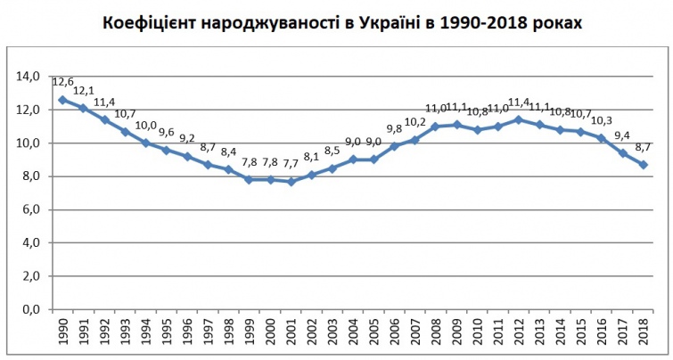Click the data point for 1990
point(62,100)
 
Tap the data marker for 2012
point(519,119)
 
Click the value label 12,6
point(63,82)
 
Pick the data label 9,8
point(395,127)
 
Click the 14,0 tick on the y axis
point(29,77)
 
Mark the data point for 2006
point(394,146)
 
